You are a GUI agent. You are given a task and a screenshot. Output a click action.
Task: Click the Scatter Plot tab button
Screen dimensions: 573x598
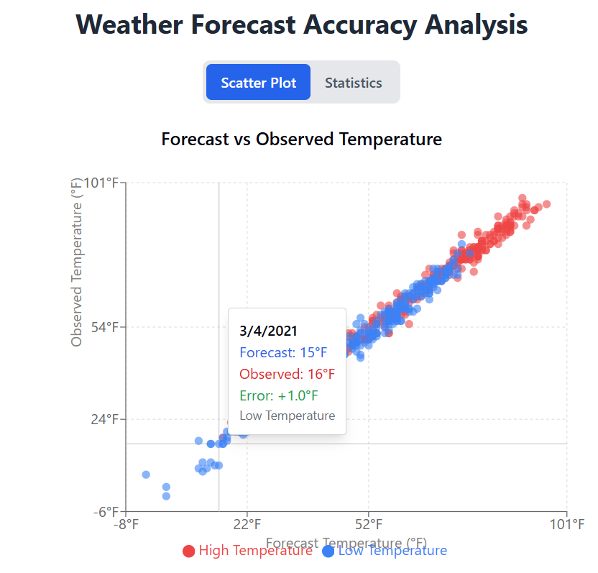point(258,83)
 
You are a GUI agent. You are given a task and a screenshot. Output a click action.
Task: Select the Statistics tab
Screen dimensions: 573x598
point(353,83)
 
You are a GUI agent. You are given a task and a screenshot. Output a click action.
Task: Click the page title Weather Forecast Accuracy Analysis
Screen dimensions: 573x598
point(301,25)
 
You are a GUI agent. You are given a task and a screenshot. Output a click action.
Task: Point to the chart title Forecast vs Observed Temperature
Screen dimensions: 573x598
point(301,139)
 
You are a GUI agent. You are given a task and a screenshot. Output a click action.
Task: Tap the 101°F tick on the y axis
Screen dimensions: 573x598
point(101,183)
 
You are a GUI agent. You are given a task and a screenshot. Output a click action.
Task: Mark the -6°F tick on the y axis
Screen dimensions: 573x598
point(106,511)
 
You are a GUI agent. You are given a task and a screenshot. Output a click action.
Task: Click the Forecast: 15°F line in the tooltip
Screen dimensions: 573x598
point(283,352)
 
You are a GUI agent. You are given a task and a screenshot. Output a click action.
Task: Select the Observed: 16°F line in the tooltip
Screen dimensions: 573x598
point(287,374)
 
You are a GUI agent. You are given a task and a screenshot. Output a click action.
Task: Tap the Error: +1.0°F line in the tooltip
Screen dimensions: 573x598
point(279,395)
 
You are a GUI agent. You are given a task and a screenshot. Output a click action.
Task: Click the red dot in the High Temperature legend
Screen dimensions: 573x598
point(189,551)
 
